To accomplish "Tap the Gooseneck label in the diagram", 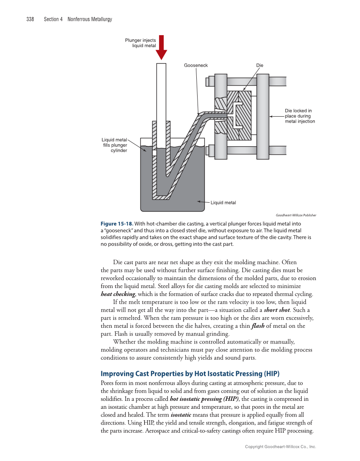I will click(196, 65).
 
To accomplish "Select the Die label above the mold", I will click(260, 65).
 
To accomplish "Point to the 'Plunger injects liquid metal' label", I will click(140, 43).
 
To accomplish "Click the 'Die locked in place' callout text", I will click(300, 116).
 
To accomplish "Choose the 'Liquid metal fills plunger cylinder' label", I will click(114, 145).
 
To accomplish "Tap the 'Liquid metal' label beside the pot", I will click(223, 203).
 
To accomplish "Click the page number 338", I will click(30, 19).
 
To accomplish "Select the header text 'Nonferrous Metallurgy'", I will click(90, 19).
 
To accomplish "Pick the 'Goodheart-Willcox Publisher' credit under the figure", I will click(296, 215).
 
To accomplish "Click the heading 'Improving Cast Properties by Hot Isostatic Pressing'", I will click(190, 374).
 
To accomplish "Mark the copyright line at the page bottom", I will click(281, 447).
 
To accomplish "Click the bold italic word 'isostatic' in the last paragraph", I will click(182, 415).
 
